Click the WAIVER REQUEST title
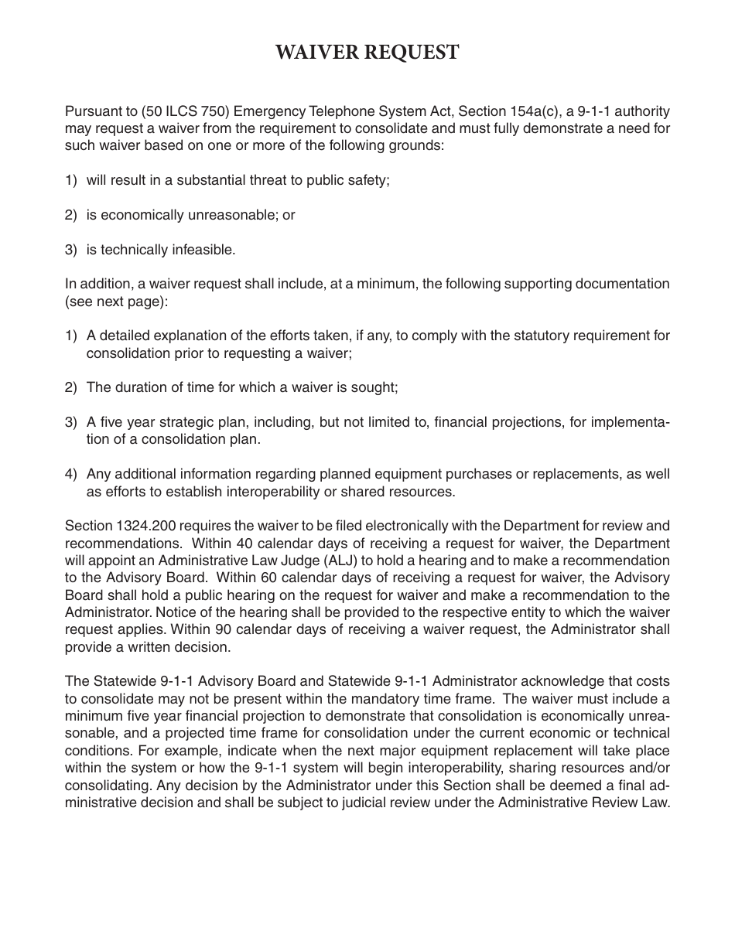click(x=367, y=52)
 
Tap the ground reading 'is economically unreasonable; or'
click(x=190, y=215)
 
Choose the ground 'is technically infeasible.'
click(x=161, y=250)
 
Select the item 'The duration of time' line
click(x=241, y=387)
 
